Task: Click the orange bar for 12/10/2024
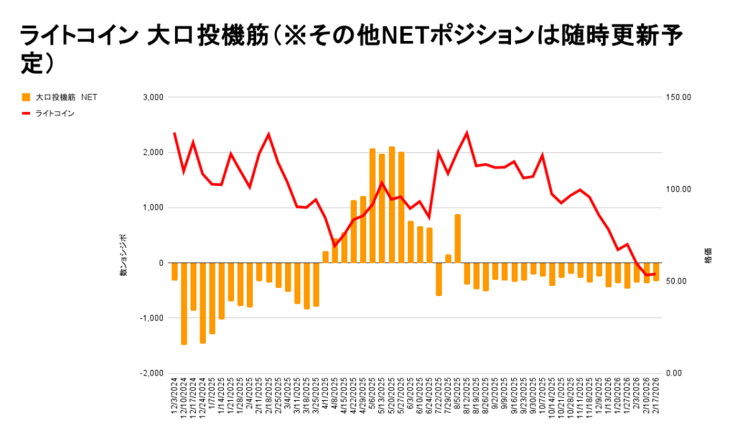coord(184,303)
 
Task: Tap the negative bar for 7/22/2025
coord(439,279)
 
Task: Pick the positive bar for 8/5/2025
coord(457,238)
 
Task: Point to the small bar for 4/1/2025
coord(325,257)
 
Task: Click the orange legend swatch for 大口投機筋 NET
coord(27,97)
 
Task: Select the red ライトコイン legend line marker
coord(27,113)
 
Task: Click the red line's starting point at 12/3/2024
coord(174,134)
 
